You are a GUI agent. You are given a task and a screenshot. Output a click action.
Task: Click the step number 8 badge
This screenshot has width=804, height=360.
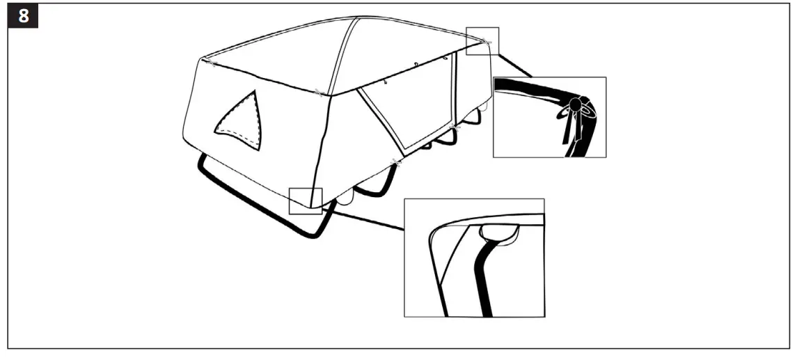[x=23, y=16]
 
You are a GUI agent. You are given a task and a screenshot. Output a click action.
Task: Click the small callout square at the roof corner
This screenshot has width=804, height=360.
[x=482, y=40]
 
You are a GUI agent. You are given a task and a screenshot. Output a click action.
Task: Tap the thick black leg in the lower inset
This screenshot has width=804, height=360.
[x=485, y=279]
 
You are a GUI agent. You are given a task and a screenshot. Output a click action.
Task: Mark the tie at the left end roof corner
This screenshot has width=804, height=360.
[x=212, y=63]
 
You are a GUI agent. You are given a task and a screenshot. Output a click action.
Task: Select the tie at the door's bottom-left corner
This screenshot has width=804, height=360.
[x=396, y=162]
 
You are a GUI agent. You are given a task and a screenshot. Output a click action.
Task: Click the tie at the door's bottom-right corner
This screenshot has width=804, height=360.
[x=455, y=126]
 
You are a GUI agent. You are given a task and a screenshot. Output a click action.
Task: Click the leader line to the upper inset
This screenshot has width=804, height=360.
[x=515, y=63]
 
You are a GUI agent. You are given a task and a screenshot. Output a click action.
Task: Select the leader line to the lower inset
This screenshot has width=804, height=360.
[x=362, y=218]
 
